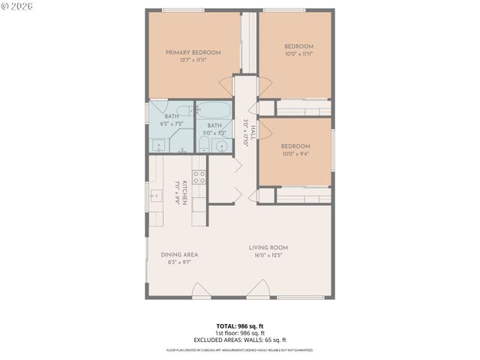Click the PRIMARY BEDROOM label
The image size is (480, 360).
193,52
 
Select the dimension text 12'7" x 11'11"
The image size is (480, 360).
193,60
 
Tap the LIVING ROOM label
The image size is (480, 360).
268,247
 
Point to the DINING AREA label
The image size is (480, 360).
179,254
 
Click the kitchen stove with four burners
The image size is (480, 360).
199,177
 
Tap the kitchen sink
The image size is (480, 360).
154,197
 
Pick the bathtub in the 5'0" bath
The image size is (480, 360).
213,112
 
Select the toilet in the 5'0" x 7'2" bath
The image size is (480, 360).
204,144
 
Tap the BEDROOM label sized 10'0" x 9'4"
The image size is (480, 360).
295,150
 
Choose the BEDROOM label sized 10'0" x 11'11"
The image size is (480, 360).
298,49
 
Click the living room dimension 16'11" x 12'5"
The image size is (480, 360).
268,255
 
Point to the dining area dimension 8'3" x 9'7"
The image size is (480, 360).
179,262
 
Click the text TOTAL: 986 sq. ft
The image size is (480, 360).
240,326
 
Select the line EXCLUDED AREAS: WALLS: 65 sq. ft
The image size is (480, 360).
240,340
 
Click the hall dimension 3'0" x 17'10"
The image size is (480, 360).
245,133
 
